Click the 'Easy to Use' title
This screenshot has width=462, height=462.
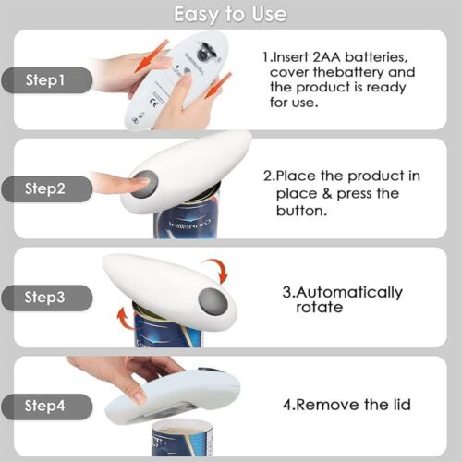(x=231, y=14)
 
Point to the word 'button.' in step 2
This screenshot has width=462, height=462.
(x=302, y=210)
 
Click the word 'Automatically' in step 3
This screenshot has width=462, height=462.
(x=348, y=292)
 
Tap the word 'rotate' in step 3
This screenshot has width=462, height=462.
(x=320, y=307)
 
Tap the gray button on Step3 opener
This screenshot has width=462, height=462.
(x=213, y=300)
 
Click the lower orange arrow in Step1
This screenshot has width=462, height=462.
(x=218, y=87)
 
